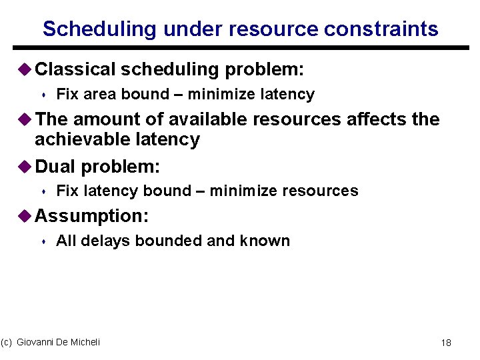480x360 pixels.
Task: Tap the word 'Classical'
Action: point(75,69)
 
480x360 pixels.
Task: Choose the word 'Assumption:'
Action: point(91,216)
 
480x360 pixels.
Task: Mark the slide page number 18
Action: point(446,343)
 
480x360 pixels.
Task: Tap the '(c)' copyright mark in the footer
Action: point(7,342)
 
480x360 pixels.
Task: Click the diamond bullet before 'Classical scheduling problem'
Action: point(25,69)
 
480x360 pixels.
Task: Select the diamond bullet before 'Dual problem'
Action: point(25,165)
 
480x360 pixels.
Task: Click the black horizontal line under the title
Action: point(239,47)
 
